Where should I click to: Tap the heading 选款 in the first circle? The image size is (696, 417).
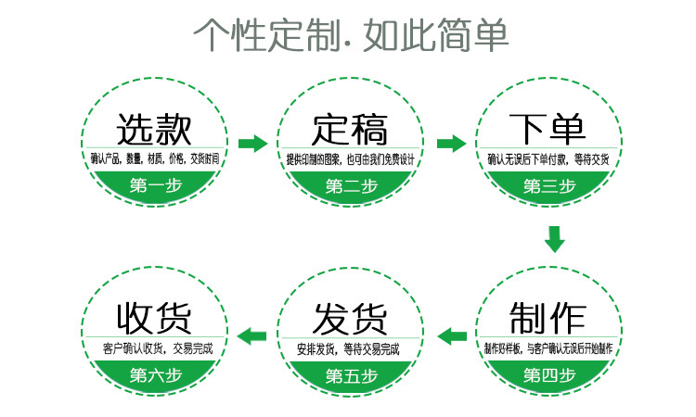click(155, 127)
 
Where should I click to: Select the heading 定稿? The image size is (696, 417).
click(351, 127)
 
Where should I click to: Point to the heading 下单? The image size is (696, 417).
click(548, 127)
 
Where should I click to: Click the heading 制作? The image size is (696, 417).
click(548, 318)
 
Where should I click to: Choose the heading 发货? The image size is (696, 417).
click(351, 318)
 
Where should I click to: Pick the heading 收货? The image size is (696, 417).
click(155, 318)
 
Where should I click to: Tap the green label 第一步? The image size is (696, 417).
click(155, 185)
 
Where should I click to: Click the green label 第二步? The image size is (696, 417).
click(351, 185)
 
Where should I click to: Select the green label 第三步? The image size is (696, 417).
click(548, 185)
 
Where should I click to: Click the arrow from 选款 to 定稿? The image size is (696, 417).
click(252, 144)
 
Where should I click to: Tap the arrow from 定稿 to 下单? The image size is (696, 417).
click(451, 144)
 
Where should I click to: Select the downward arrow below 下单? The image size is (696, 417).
click(555, 239)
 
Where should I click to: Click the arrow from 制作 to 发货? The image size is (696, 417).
click(451, 335)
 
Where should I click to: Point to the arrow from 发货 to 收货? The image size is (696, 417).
click(253, 335)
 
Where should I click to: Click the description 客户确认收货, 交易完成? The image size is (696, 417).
click(155, 349)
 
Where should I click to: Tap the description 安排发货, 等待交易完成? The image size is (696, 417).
click(351, 349)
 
